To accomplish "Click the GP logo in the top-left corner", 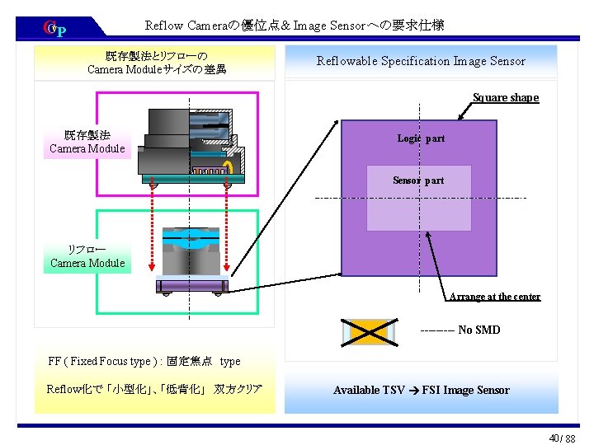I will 54,30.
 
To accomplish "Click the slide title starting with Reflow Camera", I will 295,26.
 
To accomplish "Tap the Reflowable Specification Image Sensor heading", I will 421,61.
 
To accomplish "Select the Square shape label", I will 505,97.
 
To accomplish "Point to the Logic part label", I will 421,138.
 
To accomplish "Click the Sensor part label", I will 418,180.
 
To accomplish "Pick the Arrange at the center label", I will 494,297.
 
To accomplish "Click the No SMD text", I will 478,330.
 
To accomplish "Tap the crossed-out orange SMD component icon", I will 368,330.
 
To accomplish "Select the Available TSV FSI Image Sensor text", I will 421,390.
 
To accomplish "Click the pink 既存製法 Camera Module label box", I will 87,142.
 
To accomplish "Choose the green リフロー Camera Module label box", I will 87,256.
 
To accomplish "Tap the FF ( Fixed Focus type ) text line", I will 144,361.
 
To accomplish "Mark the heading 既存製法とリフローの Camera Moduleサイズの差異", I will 157,62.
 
